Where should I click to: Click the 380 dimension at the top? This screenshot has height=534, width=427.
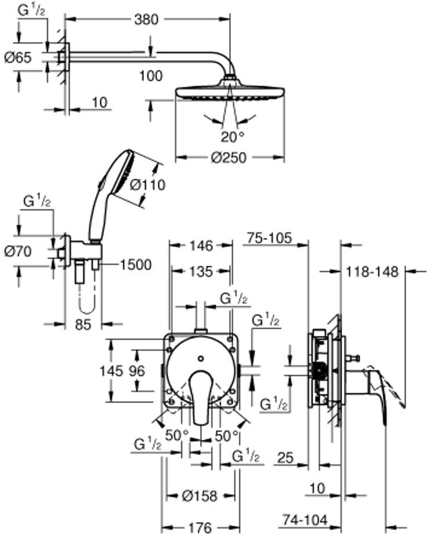[146, 19]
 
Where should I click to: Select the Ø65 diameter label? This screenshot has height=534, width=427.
[18, 57]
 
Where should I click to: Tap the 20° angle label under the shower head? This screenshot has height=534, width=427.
[233, 137]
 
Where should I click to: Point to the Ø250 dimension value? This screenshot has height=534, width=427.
[229, 158]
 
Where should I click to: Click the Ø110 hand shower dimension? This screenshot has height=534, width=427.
[148, 185]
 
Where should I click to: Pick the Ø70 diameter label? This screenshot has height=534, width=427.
[18, 252]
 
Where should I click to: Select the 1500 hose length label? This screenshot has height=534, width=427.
[136, 265]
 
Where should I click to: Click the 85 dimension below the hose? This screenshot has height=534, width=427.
[84, 324]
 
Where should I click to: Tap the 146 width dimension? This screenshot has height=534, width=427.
[201, 246]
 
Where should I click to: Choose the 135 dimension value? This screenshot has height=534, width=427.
[201, 272]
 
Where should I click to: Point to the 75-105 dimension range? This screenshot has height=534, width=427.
[270, 238]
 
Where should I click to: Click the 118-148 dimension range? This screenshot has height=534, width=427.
[372, 272]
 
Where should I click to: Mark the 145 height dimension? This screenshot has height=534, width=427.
[111, 370]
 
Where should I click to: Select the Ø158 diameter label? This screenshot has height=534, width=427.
[200, 496]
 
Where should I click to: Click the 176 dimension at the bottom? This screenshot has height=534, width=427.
[200, 528]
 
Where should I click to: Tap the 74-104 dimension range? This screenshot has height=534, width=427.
[305, 519]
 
